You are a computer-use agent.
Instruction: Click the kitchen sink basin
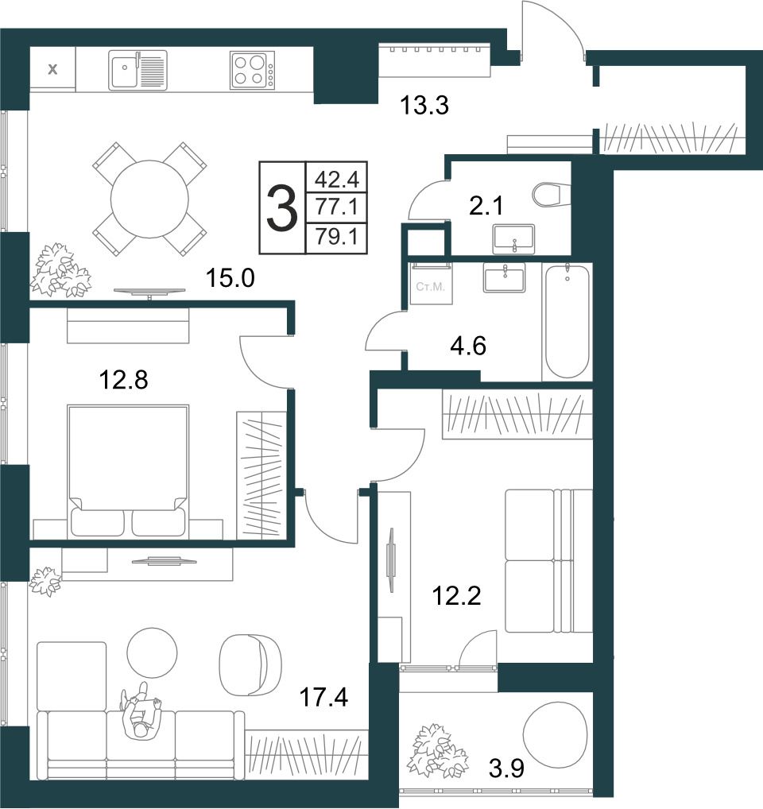pos(123,70)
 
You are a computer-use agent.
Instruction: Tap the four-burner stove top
pos(252,70)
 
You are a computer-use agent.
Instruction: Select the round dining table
pos(149,199)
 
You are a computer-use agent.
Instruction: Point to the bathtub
pos(567,321)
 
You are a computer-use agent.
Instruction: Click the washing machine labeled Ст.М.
pos(431,283)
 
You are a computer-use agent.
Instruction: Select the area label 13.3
pos(424,105)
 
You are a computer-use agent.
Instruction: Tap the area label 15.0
pos(230,278)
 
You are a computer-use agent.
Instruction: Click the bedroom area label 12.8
pos(123,380)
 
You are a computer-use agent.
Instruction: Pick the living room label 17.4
pos(324,698)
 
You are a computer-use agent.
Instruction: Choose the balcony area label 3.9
pos(506,768)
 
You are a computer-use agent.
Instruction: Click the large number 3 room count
pos(282,208)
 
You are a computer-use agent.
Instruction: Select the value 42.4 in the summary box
pos(336,179)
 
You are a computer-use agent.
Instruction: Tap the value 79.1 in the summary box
pos(336,238)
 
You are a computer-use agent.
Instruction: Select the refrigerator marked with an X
pos(52,69)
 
